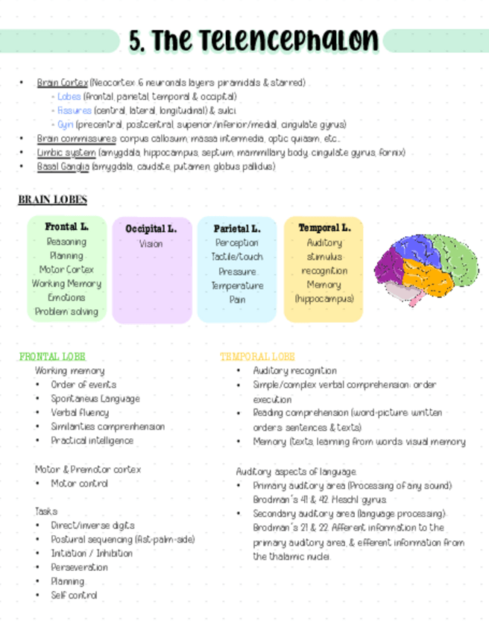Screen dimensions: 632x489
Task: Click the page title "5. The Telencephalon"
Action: [x=253, y=40]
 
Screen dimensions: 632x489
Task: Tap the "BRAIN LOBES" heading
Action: [x=52, y=200]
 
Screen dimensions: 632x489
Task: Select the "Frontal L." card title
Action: [x=66, y=227]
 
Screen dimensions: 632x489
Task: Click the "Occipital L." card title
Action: [x=151, y=229]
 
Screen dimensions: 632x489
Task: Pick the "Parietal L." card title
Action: [x=237, y=229]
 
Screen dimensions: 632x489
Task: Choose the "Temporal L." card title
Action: [x=324, y=228]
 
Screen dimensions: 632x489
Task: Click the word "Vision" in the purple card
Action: [x=151, y=244]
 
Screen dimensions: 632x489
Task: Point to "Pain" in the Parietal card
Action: [x=237, y=300]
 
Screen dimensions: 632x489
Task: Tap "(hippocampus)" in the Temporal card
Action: [x=324, y=299]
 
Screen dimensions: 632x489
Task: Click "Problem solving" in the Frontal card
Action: [x=66, y=312]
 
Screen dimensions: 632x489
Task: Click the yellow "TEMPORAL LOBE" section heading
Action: [x=257, y=357]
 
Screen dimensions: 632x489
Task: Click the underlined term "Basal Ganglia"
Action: [x=63, y=166]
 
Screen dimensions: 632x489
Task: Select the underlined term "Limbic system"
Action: [x=66, y=153]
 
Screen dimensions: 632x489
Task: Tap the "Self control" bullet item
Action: [x=74, y=595]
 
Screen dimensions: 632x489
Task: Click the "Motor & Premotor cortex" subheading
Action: [x=88, y=470]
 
